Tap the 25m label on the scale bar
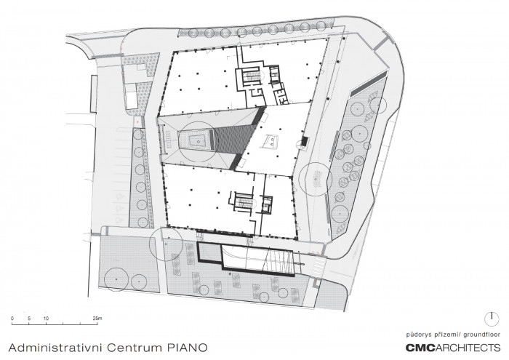coord(98,318)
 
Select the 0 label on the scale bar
coord(12,318)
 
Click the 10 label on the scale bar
coord(45,318)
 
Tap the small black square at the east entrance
coord(302,142)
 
